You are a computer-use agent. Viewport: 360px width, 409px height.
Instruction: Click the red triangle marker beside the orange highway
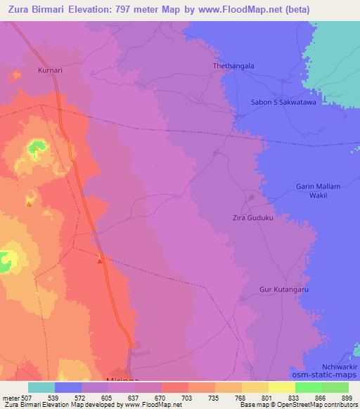click(x=101, y=261)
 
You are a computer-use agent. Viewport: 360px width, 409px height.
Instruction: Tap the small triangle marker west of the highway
click(x=29, y=204)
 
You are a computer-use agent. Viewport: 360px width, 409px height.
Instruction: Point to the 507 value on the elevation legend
click(x=21, y=398)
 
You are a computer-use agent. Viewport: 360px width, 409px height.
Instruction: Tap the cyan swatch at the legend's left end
click(x=41, y=387)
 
